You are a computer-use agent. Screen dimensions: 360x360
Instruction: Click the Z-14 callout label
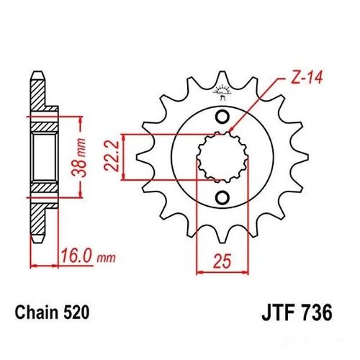pos(306,77)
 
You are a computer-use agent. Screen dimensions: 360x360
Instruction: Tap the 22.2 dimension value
pos(112,156)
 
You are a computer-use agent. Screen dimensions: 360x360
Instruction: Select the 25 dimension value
pos(222,261)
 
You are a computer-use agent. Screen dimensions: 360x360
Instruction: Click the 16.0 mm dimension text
pos(89,256)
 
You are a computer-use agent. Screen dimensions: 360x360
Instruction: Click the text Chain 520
pos(52,312)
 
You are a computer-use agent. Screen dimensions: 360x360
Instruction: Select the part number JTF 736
pos(297,312)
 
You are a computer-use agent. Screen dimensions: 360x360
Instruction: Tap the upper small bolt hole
pos(222,117)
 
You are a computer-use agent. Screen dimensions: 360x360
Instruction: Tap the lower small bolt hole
pos(222,197)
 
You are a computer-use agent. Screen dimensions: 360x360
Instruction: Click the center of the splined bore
pos(222,157)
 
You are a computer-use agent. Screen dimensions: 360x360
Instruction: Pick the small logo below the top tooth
pos(222,92)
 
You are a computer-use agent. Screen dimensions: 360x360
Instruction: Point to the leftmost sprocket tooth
pos(143,157)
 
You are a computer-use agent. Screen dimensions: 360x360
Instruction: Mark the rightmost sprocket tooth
pos(302,157)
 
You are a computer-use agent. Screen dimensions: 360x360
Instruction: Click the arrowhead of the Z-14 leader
pos(232,128)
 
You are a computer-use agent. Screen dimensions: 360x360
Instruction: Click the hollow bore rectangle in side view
pos(45,157)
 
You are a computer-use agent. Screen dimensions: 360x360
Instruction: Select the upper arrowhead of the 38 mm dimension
pos(81,121)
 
